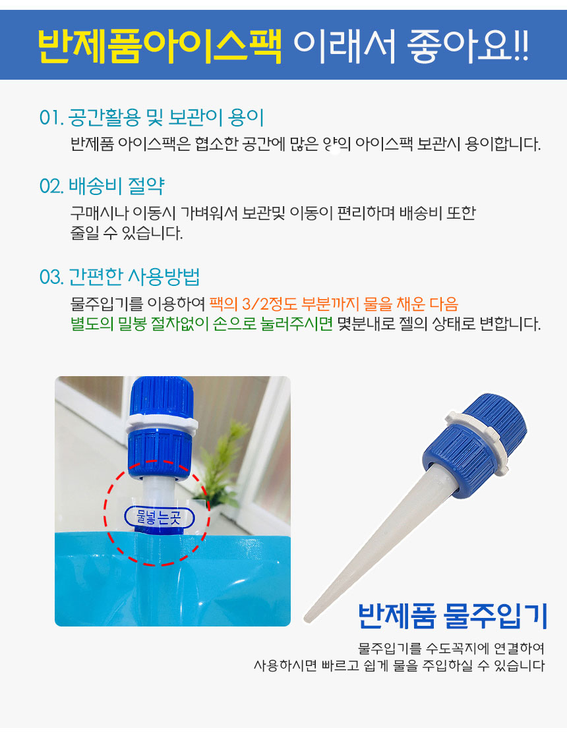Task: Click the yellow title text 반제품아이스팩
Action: pyautogui.click(x=160, y=47)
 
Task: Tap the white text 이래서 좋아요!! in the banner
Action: pyautogui.click(x=411, y=47)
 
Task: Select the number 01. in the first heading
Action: pyautogui.click(x=51, y=118)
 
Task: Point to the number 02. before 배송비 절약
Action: pyautogui.click(x=51, y=186)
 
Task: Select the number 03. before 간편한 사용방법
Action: pyautogui.click(x=51, y=277)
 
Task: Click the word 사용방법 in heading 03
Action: pyautogui.click(x=164, y=277)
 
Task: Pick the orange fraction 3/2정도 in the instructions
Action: pyautogui.click(x=269, y=304)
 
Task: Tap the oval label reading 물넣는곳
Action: pyautogui.click(x=159, y=517)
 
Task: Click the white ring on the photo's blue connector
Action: pyautogui.click(x=162, y=423)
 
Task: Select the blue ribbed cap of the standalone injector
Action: pyautogui.click(x=475, y=446)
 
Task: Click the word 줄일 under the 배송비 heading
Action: pyautogui.click(x=85, y=233)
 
